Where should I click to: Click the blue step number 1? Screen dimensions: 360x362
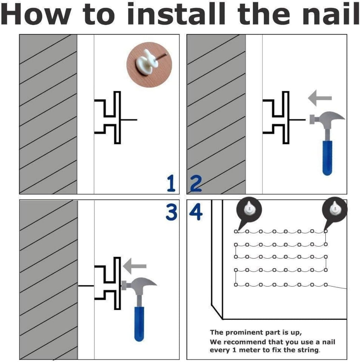tap(171, 183)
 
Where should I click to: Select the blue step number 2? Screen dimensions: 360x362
tap(196, 183)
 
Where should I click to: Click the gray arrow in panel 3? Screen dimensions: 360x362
tap(135, 266)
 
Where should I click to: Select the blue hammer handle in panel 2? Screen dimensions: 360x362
tap(327, 158)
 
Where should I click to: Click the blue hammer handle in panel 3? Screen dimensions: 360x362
tap(139, 324)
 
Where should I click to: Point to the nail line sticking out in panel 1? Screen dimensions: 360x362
tap(129, 119)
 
